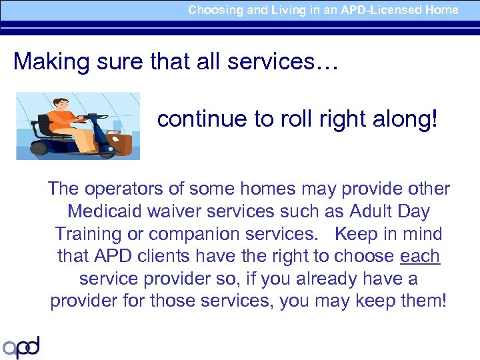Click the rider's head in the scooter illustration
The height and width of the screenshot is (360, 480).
(64, 105)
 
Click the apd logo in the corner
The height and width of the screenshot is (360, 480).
(21, 347)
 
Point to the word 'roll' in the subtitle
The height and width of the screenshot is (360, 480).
(287, 119)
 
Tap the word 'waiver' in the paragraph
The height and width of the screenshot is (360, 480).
(173, 211)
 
